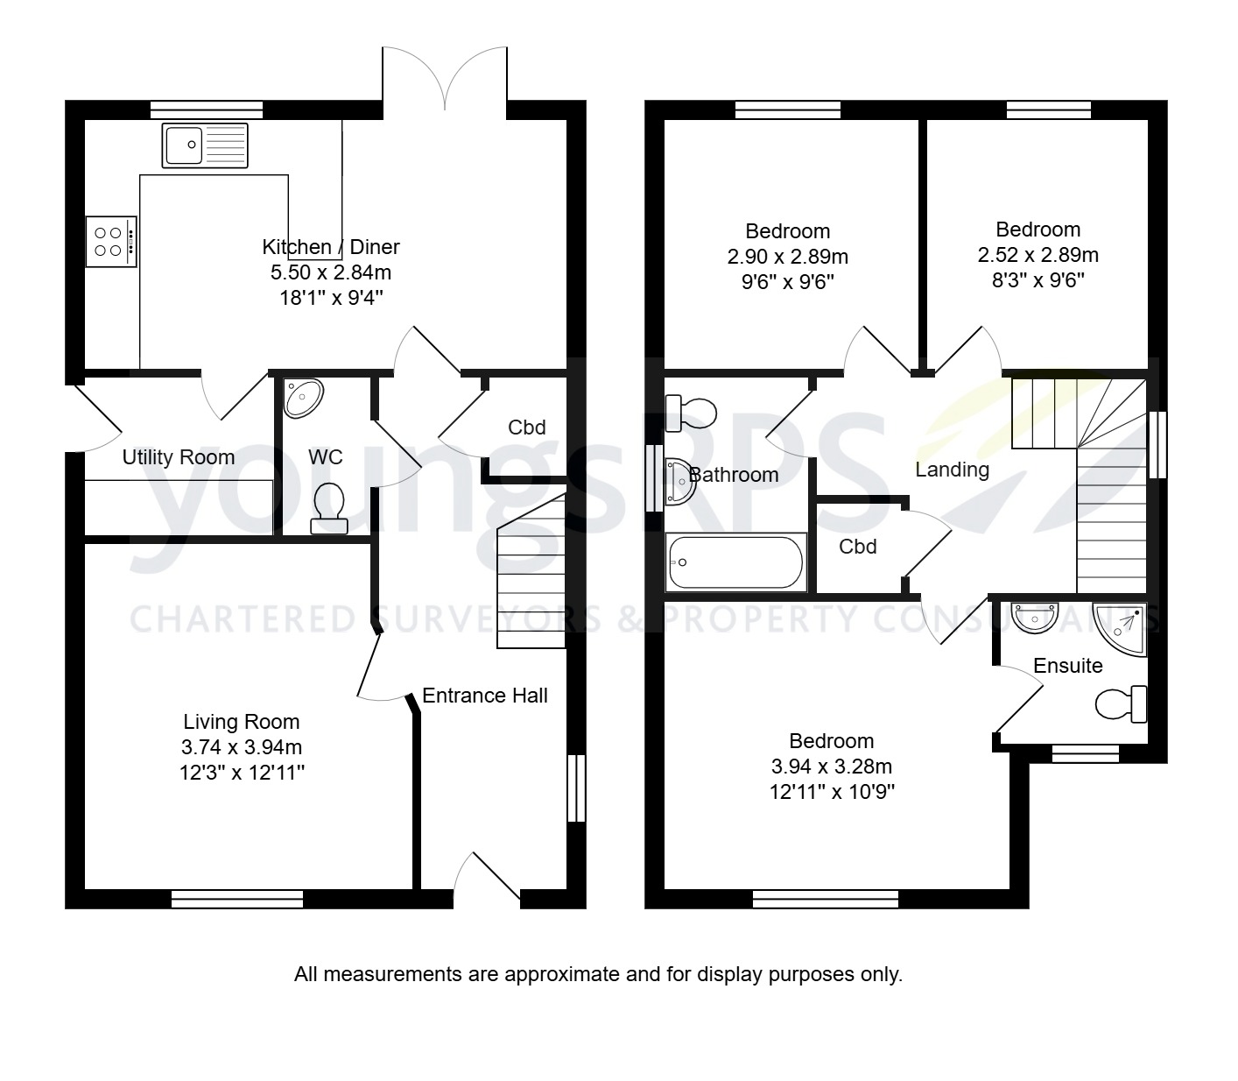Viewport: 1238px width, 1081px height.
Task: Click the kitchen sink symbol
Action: [x=205, y=145]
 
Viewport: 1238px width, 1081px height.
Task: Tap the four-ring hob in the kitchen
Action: [x=111, y=242]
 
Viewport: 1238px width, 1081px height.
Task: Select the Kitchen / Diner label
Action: [x=330, y=247]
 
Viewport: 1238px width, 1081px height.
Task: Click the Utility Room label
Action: [x=178, y=457]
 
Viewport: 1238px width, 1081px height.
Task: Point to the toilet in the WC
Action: [x=329, y=508]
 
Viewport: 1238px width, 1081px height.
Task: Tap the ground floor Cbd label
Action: [x=526, y=427]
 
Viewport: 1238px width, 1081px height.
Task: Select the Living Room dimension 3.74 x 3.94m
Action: [x=241, y=747]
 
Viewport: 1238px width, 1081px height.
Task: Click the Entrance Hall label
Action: [x=484, y=696]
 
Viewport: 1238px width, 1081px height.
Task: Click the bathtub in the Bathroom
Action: [x=735, y=562]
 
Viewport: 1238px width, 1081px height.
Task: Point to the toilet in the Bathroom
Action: [x=691, y=413]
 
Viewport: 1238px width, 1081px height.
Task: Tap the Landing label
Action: [x=952, y=470]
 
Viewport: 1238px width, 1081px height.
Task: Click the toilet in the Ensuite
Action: [x=1122, y=703]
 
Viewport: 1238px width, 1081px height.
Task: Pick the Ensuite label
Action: [x=1067, y=666]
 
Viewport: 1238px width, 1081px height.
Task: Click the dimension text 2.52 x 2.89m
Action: [x=1038, y=255]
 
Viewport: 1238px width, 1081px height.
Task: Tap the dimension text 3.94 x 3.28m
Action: [x=831, y=767]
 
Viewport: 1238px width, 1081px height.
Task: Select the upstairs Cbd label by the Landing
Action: [x=857, y=547]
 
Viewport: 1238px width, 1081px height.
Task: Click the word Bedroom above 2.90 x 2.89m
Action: [x=787, y=231]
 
